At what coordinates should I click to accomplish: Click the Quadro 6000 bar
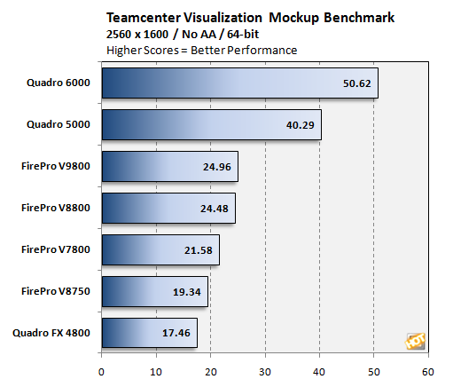(x=239, y=83)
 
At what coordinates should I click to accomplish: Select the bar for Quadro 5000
(x=211, y=124)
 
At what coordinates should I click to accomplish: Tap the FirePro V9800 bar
(x=169, y=166)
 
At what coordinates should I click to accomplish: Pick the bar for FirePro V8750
(x=154, y=291)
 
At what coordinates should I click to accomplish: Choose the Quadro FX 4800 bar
(x=149, y=333)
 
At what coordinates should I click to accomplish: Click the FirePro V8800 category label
(x=57, y=208)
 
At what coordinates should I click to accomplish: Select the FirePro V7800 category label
(x=57, y=249)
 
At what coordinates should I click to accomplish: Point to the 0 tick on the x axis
(x=102, y=371)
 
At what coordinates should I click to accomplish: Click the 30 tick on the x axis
(x=265, y=371)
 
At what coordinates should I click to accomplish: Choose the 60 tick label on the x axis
(x=428, y=371)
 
